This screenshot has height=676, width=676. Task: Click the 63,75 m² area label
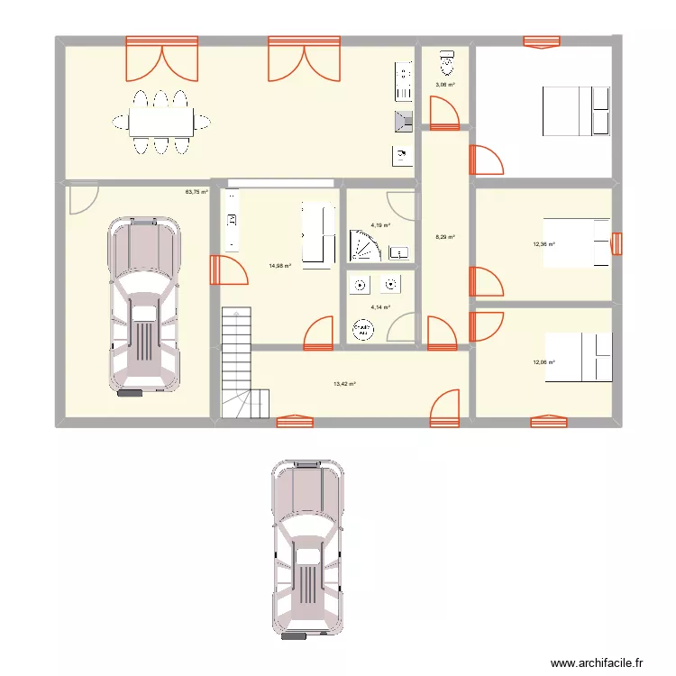click(196, 192)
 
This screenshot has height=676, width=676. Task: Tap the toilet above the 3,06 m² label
click(444, 62)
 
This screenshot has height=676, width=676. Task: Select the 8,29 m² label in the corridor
click(445, 238)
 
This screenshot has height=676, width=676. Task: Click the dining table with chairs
click(162, 122)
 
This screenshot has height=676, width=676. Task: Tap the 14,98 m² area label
click(279, 266)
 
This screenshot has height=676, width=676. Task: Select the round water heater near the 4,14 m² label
click(364, 333)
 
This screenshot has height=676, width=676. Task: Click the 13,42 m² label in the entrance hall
click(344, 383)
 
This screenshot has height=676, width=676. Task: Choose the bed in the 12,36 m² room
click(576, 242)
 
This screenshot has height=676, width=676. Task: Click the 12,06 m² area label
click(544, 362)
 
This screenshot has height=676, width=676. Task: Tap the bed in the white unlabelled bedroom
click(576, 110)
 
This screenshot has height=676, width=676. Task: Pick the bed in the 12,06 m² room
click(576, 357)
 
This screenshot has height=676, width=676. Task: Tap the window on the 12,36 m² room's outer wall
click(617, 243)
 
